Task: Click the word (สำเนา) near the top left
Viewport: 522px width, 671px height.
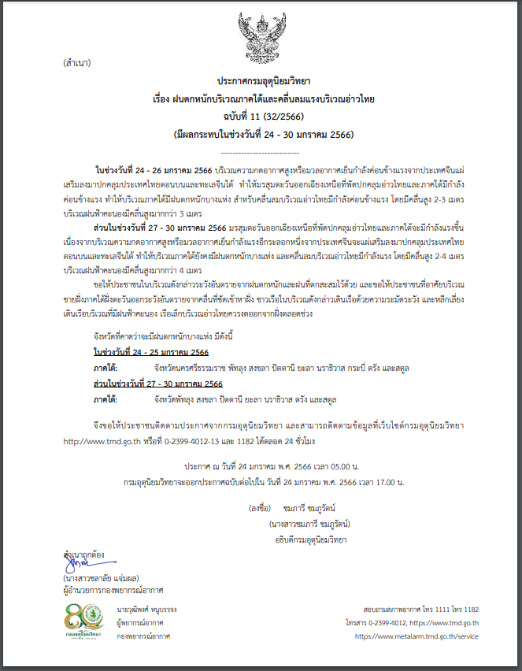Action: click(78, 62)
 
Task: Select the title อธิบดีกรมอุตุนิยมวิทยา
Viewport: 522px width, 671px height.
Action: click(310, 539)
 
